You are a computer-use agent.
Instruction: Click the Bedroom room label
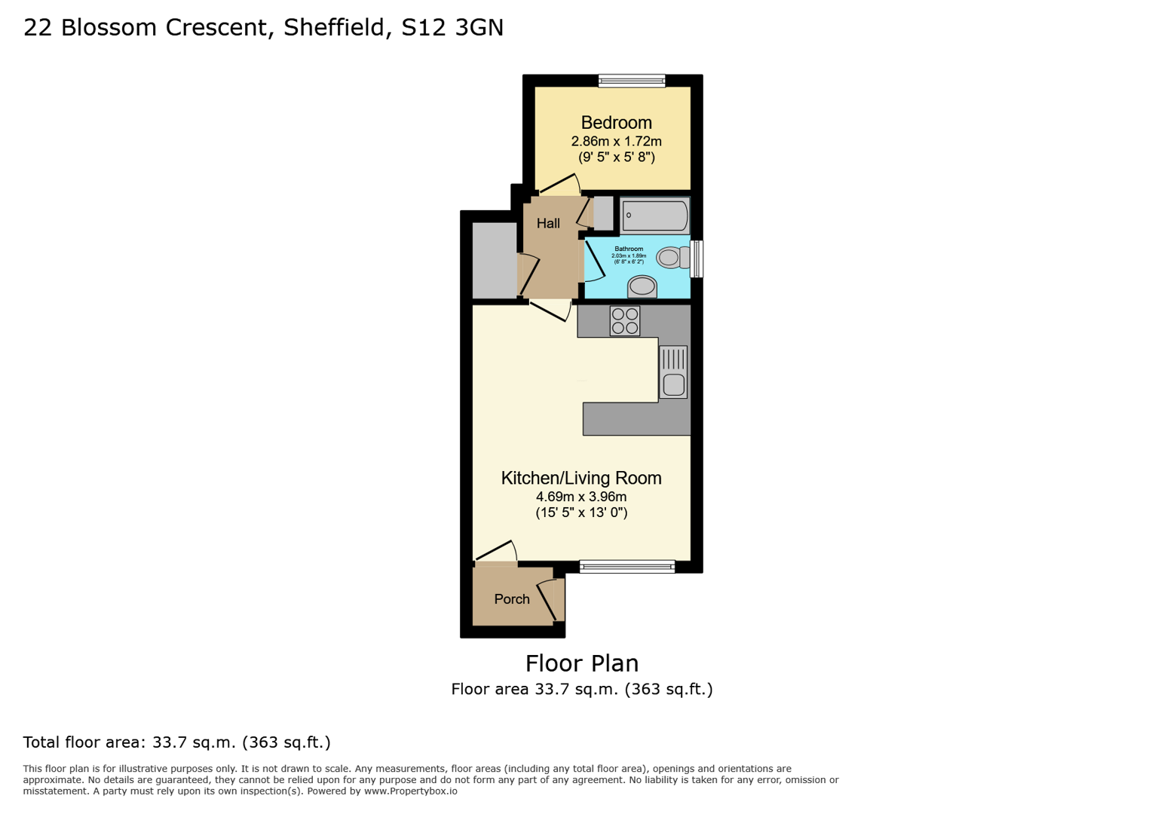click(x=616, y=123)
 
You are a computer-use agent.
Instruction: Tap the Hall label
click(x=548, y=224)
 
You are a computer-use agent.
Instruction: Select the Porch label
click(x=512, y=599)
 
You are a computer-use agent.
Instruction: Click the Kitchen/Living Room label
click(x=581, y=478)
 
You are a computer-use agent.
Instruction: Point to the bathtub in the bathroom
click(x=655, y=216)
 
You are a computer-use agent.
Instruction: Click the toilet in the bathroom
click(x=671, y=258)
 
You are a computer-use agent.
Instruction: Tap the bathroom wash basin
click(x=642, y=286)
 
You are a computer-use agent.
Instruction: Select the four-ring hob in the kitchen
click(x=625, y=321)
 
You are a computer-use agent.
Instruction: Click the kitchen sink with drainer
click(x=673, y=372)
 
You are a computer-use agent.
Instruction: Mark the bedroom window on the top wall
click(x=632, y=81)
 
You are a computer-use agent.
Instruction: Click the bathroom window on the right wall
click(x=697, y=259)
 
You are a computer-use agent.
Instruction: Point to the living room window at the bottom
click(x=627, y=567)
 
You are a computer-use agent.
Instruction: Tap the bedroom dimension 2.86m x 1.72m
click(x=616, y=142)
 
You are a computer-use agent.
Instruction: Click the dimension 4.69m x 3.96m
click(x=581, y=497)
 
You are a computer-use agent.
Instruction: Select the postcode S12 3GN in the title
click(x=452, y=28)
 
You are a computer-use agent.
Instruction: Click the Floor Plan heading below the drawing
click(x=581, y=663)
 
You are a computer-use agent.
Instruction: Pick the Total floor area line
click(x=176, y=742)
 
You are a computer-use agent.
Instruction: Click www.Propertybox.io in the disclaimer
click(x=410, y=791)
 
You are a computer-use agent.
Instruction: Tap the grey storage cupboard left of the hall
click(x=495, y=261)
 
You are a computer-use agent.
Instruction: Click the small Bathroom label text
click(x=629, y=249)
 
